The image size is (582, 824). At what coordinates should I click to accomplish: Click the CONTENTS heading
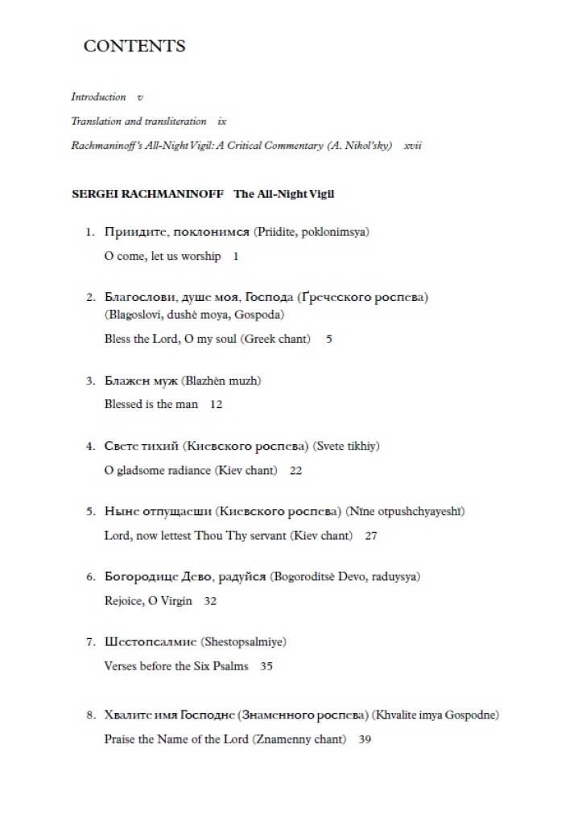pyautogui.click(x=134, y=46)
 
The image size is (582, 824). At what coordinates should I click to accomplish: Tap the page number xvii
pyautogui.click(x=413, y=146)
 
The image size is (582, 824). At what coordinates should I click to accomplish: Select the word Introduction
pyautogui.click(x=98, y=97)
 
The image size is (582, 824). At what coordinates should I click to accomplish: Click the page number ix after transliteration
pyautogui.click(x=222, y=122)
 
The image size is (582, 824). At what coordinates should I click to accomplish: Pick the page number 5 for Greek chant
pyautogui.click(x=329, y=340)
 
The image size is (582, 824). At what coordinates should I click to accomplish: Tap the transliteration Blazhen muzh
pyautogui.click(x=221, y=381)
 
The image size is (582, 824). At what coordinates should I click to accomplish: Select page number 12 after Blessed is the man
pyautogui.click(x=216, y=405)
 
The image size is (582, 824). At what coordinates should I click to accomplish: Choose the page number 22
pyautogui.click(x=295, y=471)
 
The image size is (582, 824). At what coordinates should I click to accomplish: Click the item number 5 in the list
pyautogui.click(x=91, y=512)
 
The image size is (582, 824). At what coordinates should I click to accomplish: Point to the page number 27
pyautogui.click(x=370, y=536)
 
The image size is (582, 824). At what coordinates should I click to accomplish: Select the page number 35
pyautogui.click(x=266, y=667)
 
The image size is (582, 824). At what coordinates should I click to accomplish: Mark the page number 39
pyautogui.click(x=365, y=740)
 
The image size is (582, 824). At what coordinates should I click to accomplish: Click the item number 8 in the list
pyautogui.click(x=91, y=715)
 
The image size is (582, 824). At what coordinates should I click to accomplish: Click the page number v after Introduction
pyautogui.click(x=140, y=97)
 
